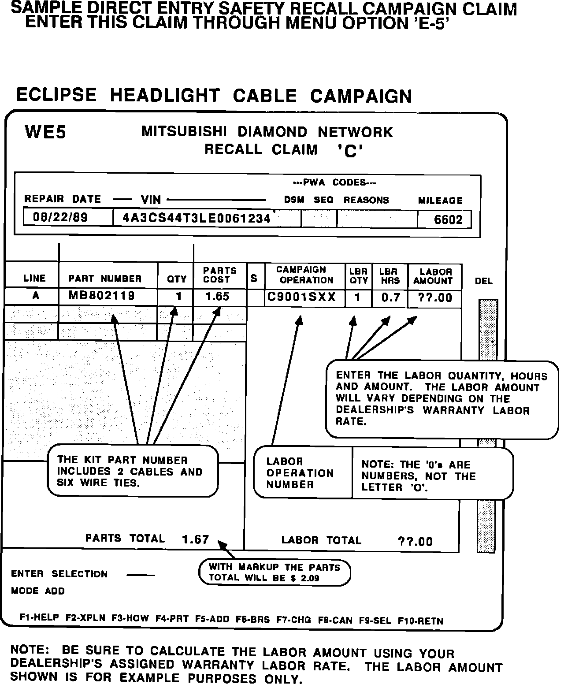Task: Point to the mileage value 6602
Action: click(x=448, y=219)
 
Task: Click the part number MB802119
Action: click(x=101, y=296)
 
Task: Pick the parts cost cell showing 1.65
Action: click(x=217, y=296)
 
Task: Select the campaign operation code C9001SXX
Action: click(x=302, y=297)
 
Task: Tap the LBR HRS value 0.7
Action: click(x=390, y=298)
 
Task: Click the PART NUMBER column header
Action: click(x=105, y=279)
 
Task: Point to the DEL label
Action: click(x=483, y=281)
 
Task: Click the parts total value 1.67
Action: click(x=195, y=539)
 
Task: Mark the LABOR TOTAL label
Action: click(x=321, y=540)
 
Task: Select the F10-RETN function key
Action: click(x=420, y=621)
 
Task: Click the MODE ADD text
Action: click(x=38, y=591)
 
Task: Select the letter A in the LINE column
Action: click(x=36, y=296)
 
